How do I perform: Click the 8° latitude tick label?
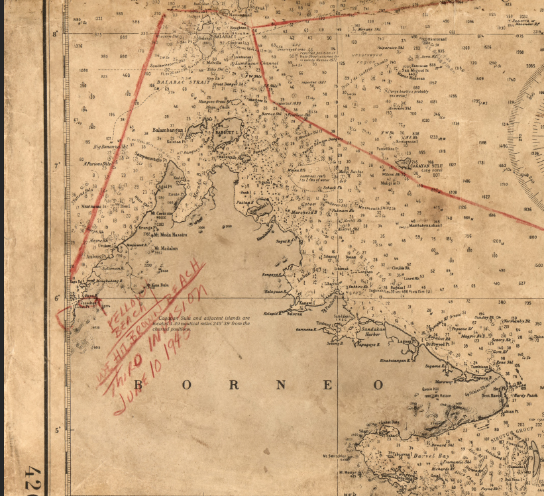coord(56,33)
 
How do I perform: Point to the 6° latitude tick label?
coord(56,297)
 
